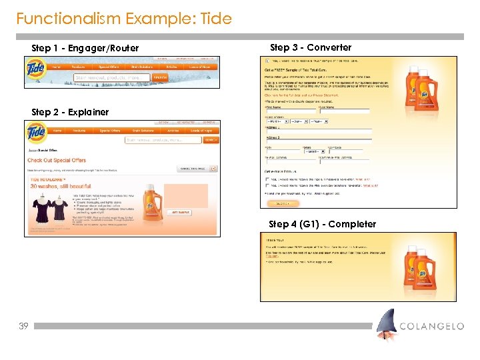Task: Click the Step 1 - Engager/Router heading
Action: coord(85,48)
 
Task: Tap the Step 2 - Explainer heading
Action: coord(70,112)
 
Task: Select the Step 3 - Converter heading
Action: coord(311,47)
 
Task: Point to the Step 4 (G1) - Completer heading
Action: coord(322,224)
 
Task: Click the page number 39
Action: coord(23,327)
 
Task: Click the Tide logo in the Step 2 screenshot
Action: coord(37,132)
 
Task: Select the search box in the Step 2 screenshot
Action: coord(163,140)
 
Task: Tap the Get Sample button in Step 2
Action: coord(181,212)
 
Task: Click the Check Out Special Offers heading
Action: coord(57,161)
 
